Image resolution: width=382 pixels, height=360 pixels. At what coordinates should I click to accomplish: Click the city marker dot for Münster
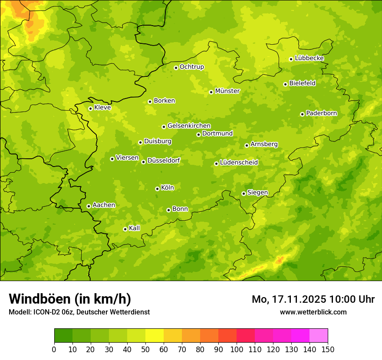pyautogui.click(x=211, y=92)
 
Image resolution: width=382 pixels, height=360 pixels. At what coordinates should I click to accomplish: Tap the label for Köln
pyautogui.click(x=168, y=188)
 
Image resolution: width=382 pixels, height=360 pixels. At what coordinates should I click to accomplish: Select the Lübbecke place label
pyautogui.click(x=309, y=58)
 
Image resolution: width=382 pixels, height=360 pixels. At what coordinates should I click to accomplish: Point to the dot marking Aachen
pyautogui.click(x=89, y=206)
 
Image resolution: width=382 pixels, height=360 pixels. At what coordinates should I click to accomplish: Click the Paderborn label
pyautogui.click(x=321, y=113)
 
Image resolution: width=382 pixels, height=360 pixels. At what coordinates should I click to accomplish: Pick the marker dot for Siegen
pyautogui.click(x=244, y=193)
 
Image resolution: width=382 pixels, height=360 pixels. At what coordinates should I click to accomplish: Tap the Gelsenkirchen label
pyautogui.click(x=189, y=126)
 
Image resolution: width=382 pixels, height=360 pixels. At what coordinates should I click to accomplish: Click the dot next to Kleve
pyautogui.click(x=90, y=108)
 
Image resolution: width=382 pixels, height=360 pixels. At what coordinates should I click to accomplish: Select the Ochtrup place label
pyautogui.click(x=191, y=67)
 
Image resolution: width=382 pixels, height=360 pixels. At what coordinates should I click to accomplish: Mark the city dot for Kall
pyautogui.click(x=125, y=229)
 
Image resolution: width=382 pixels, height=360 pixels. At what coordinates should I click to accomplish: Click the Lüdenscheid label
pyautogui.click(x=239, y=163)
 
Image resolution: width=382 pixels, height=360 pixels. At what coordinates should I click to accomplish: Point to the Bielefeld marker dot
pyautogui.click(x=285, y=84)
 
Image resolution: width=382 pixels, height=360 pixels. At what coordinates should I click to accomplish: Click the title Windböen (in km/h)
pyautogui.click(x=70, y=299)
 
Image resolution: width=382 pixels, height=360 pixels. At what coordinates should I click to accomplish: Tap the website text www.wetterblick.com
pyautogui.click(x=313, y=312)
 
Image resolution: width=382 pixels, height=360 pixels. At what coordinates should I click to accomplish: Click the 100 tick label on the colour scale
pyautogui.click(x=237, y=349)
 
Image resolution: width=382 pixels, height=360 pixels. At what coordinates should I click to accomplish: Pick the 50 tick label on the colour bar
pyautogui.click(x=145, y=349)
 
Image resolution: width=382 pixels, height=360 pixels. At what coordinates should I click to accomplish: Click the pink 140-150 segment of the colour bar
pyautogui.click(x=319, y=336)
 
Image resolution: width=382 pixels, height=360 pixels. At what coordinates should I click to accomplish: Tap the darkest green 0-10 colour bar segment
pyautogui.click(x=63, y=336)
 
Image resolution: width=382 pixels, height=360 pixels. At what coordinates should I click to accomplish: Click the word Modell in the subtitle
pyautogui.click(x=19, y=312)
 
